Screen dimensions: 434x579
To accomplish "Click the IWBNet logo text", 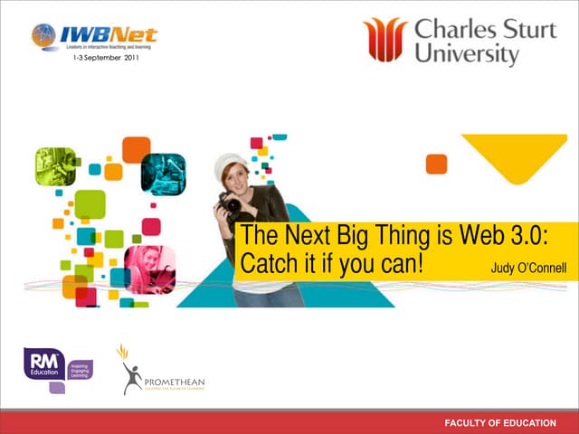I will coord(108,35).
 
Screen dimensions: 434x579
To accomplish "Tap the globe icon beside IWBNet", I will coord(43,35).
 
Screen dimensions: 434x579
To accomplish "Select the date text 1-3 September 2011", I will coord(105,59).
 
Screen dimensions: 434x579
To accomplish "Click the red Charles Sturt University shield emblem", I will coord(385,39).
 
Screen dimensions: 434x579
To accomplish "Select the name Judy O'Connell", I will coord(527,268).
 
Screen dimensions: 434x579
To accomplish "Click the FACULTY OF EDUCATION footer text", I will coord(499,423).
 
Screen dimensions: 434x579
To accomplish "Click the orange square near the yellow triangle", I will coord(436,164).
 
